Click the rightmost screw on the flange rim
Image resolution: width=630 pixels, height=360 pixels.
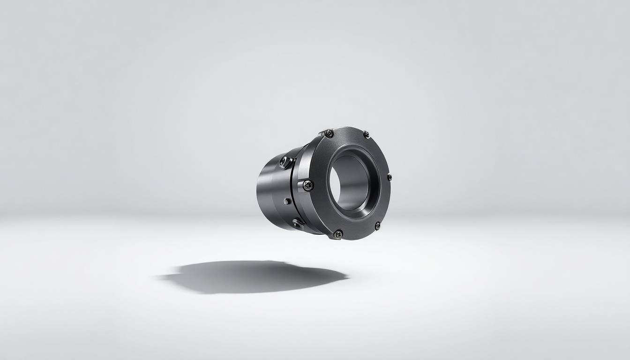[x=389, y=177]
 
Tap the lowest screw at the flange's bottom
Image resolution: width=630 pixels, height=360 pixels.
[x=337, y=233]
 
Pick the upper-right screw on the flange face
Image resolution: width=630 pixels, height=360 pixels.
[x=366, y=134]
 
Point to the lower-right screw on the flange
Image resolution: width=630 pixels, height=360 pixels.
[x=377, y=225]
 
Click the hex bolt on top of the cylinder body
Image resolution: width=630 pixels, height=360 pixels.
[x=284, y=162]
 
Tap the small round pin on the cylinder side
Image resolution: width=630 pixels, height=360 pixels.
[x=286, y=201]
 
